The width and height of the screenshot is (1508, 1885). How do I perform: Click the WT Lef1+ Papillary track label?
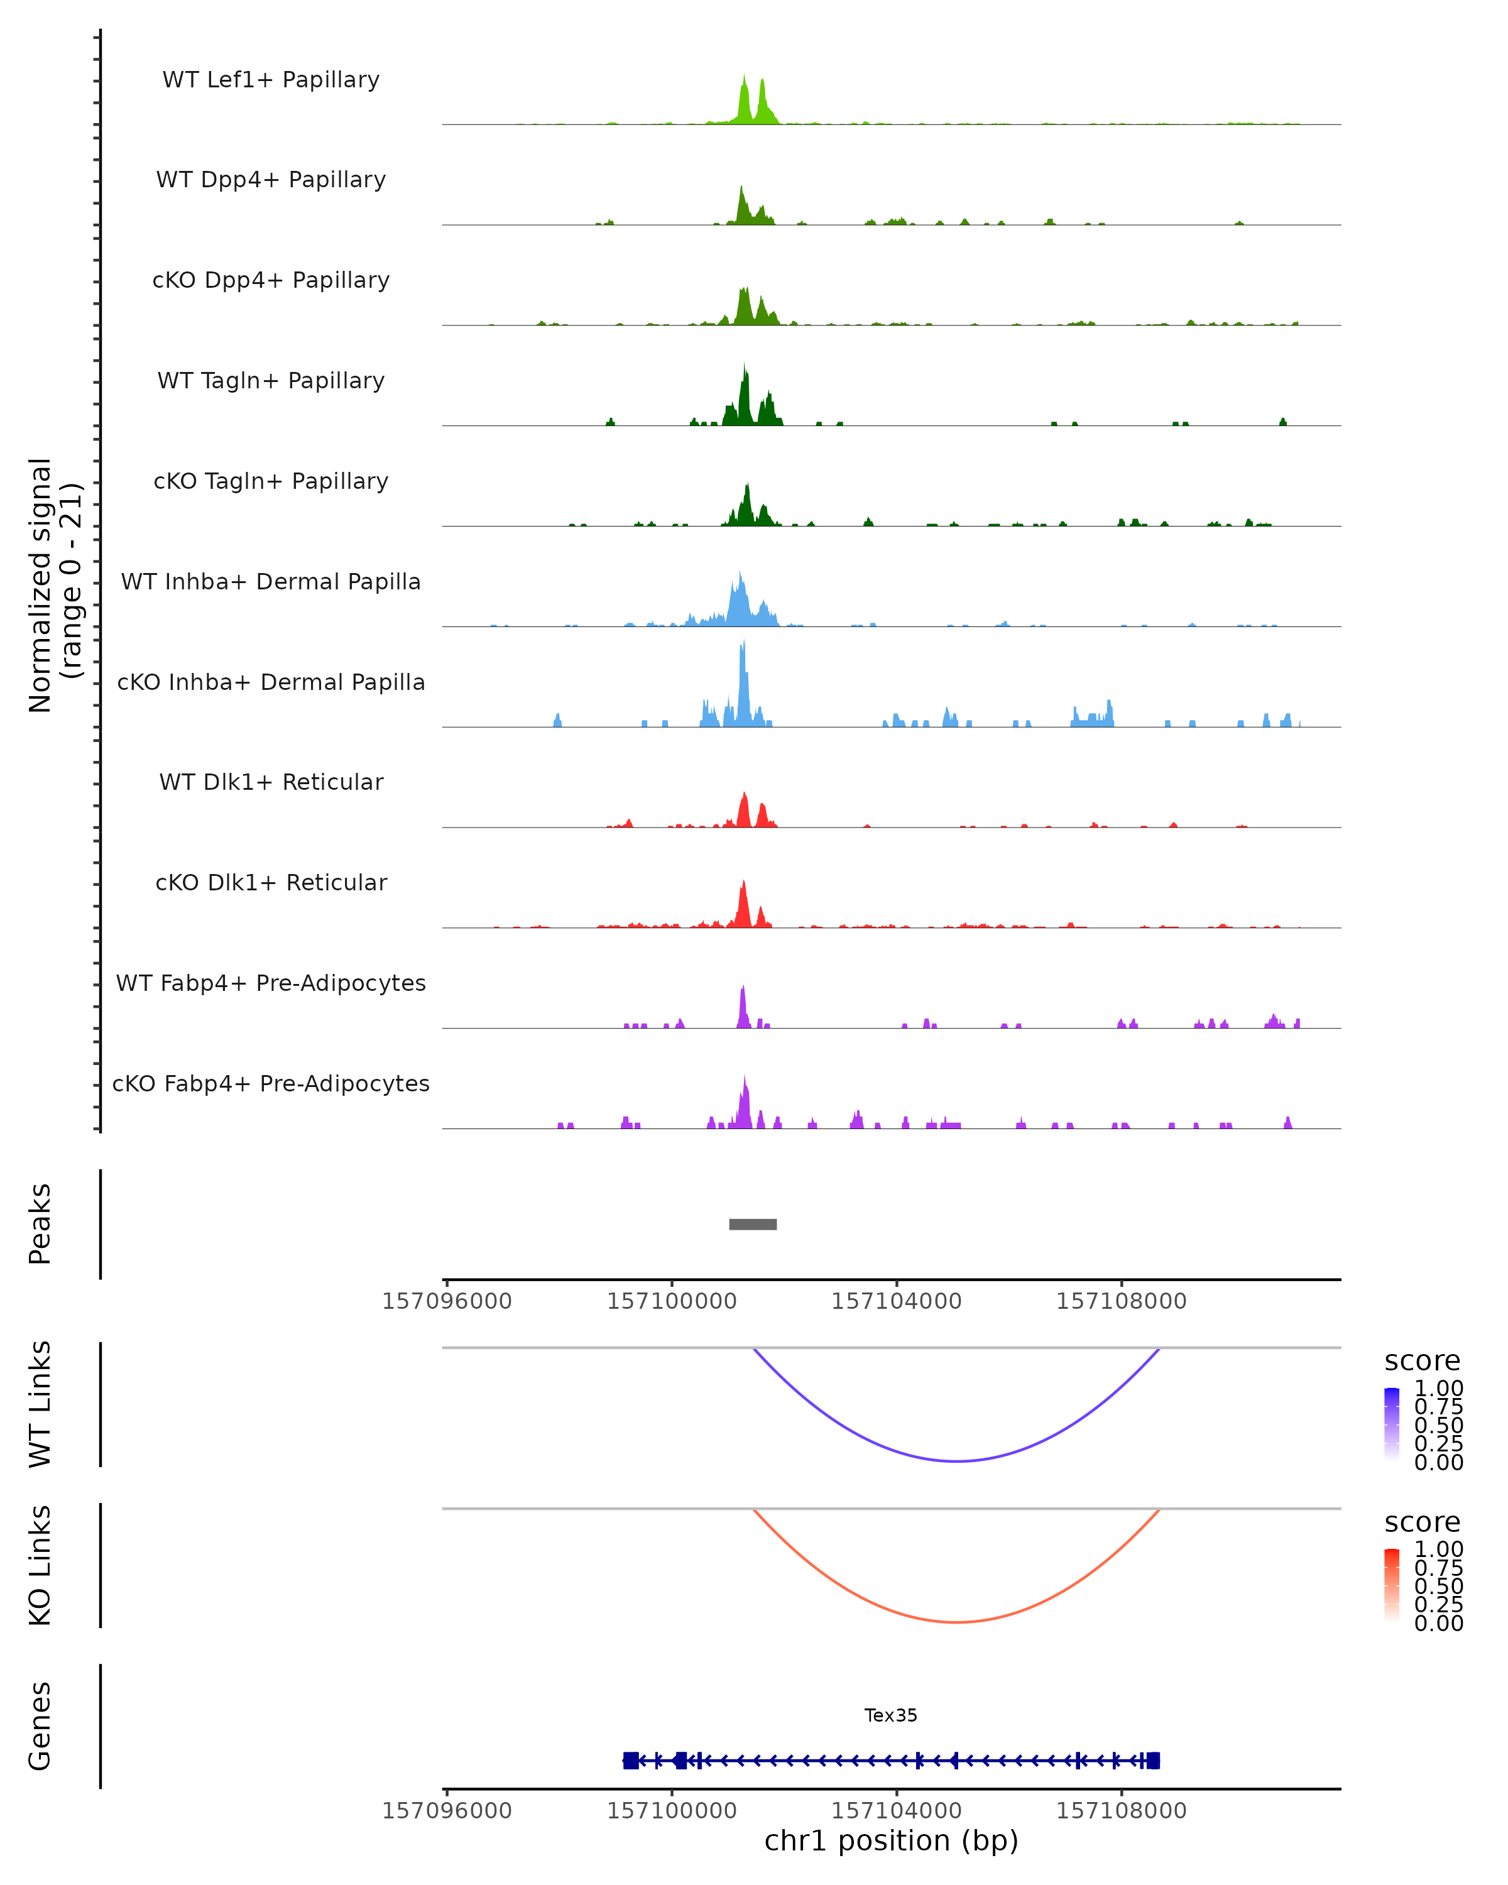click(271, 80)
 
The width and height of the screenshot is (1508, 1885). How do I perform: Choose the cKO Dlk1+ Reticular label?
click(271, 882)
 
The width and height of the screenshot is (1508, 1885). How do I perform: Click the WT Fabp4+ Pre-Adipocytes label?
click(271, 983)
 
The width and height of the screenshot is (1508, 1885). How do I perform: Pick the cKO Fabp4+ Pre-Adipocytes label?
click(271, 1083)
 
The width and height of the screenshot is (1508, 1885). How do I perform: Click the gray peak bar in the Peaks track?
click(753, 1224)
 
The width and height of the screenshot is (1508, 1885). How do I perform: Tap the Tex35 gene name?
click(891, 1715)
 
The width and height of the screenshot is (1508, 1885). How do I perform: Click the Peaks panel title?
click(40, 1224)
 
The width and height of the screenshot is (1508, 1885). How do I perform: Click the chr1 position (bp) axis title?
click(891, 1840)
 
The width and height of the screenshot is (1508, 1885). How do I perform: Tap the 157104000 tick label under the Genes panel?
click(896, 1810)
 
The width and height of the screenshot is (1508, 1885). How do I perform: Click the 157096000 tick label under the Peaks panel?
click(447, 1301)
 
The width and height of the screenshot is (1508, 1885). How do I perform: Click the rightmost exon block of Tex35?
click(1153, 1761)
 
